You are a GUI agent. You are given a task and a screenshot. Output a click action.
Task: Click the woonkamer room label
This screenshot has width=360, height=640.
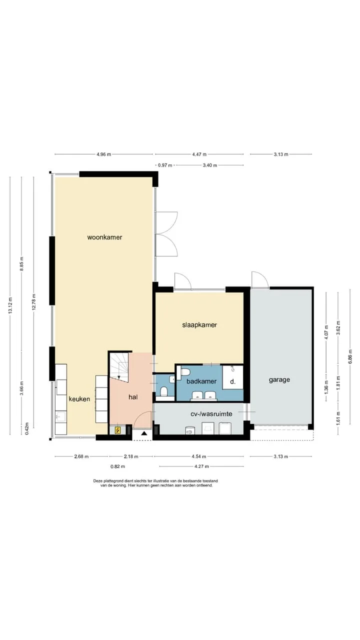click(x=104, y=237)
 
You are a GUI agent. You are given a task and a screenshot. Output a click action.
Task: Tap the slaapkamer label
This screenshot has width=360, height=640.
click(x=199, y=325)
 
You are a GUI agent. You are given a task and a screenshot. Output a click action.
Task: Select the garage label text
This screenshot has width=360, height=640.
click(x=279, y=379)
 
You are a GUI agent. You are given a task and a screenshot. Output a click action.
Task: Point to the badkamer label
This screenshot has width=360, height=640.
click(x=201, y=381)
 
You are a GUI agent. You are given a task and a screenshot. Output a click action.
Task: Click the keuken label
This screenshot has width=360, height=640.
click(x=79, y=399)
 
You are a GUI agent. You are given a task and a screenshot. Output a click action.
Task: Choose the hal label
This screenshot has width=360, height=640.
click(x=133, y=397)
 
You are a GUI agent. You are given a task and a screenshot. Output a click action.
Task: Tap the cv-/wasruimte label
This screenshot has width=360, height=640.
click(x=211, y=413)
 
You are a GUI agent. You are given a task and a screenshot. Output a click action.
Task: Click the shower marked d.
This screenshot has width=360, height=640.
click(x=233, y=377)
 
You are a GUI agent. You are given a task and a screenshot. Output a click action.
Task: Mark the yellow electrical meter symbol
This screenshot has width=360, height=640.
click(x=117, y=430)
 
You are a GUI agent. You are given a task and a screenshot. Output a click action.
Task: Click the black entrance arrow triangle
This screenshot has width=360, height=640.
click(x=144, y=433)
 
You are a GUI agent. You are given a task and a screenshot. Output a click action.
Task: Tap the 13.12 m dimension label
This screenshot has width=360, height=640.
click(x=10, y=305)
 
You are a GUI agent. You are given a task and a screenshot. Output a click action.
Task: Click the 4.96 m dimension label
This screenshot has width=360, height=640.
click(x=103, y=154)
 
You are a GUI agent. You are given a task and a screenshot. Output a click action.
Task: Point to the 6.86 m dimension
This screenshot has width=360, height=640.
click(x=350, y=357)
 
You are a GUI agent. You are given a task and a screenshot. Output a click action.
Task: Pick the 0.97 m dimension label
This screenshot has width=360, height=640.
click(x=165, y=165)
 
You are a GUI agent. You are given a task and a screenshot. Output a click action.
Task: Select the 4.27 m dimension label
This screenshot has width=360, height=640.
click(x=201, y=466)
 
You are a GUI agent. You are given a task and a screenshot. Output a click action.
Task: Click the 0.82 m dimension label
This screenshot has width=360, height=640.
click(x=117, y=466)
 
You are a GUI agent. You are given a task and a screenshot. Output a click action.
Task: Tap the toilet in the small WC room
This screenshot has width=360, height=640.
click(x=164, y=391)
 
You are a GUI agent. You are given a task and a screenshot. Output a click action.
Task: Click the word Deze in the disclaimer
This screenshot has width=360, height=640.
click(x=97, y=481)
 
